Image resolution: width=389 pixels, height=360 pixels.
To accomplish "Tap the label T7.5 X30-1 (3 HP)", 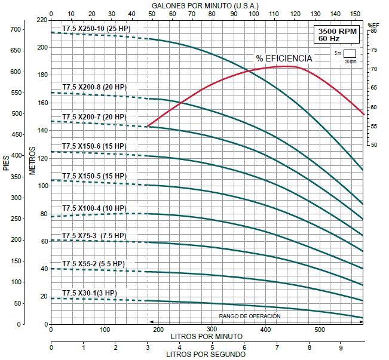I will (x=89, y=293).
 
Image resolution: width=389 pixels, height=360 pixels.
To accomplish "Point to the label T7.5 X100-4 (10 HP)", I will (x=94, y=208).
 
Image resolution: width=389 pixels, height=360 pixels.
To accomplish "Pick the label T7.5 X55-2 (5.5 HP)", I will (x=93, y=263).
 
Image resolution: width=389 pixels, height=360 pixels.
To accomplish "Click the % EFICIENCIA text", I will (x=284, y=59).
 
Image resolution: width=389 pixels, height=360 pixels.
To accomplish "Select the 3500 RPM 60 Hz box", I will (x=338, y=35).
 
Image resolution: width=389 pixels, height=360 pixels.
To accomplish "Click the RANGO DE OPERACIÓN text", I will (x=249, y=316).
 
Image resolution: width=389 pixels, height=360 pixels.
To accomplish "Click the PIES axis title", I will (x=7, y=161).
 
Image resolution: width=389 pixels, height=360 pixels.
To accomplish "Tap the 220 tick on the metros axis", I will (x=42, y=20).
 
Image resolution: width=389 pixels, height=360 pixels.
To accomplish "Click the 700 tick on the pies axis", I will (x=16, y=29).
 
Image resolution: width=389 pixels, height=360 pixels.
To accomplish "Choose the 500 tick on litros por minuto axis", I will (x=320, y=330).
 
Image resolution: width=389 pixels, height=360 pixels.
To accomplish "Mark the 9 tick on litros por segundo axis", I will (x=341, y=347).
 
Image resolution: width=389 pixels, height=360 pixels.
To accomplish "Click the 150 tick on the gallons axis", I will (x=356, y=13).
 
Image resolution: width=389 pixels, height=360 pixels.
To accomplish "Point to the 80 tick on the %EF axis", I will (x=373, y=31).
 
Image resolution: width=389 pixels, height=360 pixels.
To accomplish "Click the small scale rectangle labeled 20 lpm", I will (x=350, y=53).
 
